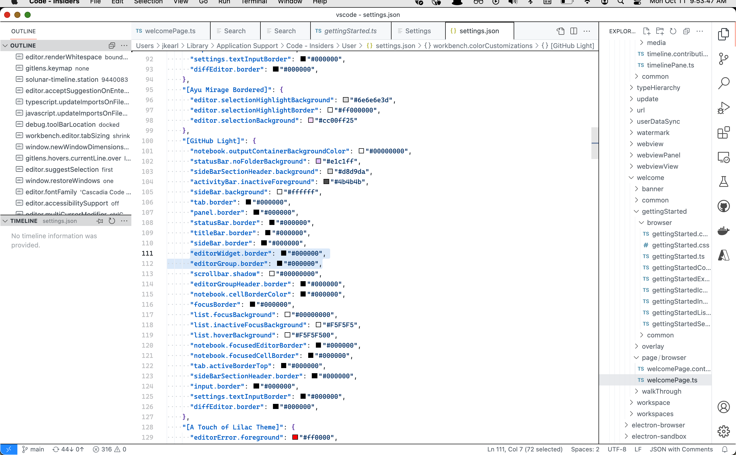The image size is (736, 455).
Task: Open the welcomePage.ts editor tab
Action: (170, 31)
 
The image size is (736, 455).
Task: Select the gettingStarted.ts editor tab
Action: (350, 31)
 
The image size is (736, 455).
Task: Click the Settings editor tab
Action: (418, 31)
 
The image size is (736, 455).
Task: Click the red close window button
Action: (7, 15)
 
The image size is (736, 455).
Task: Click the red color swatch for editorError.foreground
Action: (295, 437)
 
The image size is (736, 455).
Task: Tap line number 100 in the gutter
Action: (147, 141)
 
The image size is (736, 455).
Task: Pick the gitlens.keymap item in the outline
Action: (49, 68)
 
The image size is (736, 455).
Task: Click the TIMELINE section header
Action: (24, 221)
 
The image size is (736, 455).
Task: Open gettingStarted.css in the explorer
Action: (680, 245)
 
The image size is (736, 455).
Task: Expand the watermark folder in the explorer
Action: (653, 133)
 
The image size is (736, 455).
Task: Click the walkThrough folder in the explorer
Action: (661, 391)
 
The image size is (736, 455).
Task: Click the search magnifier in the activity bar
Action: (723, 83)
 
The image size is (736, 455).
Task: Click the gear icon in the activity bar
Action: (723, 431)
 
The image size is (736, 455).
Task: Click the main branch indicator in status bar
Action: (33, 449)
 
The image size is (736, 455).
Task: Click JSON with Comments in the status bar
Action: (681, 449)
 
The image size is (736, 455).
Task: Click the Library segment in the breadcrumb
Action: (197, 46)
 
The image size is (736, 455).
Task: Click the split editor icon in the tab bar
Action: (573, 31)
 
